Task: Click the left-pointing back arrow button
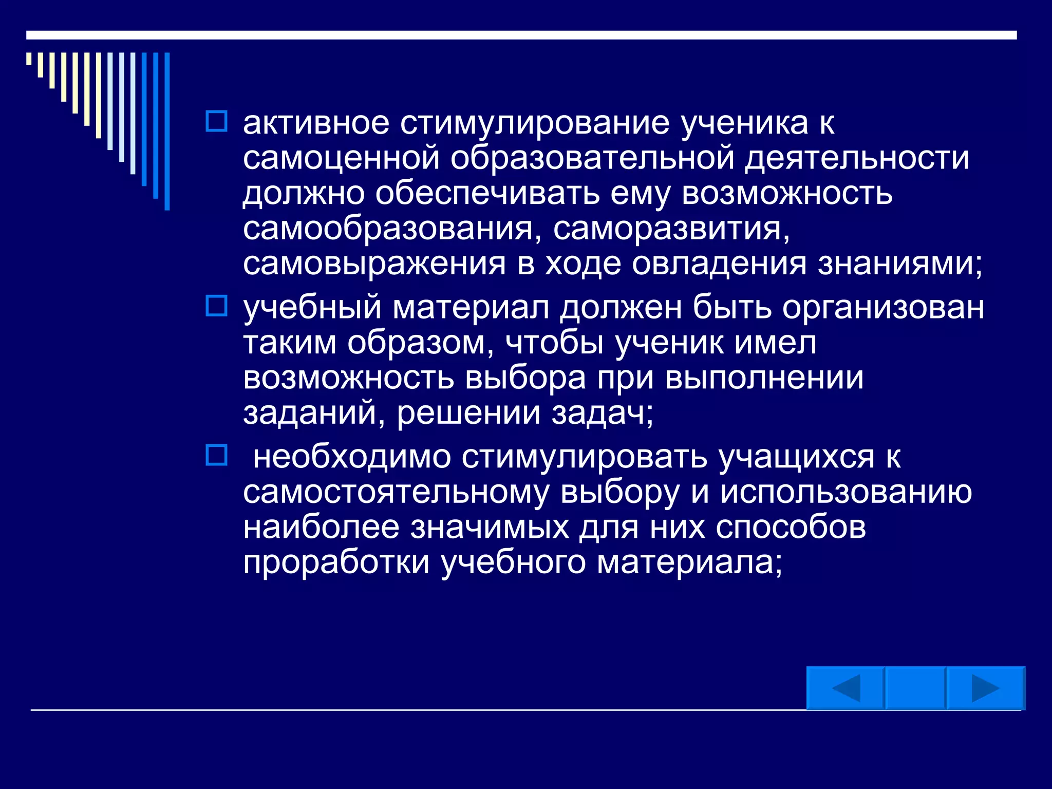846,688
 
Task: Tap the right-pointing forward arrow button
985,688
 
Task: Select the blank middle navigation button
915,688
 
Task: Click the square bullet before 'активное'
216,121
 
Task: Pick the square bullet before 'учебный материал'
216,306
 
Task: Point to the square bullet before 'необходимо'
216,455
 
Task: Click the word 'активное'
316,123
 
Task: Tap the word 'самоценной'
341,158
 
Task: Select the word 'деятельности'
857,158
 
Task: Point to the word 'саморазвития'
671,229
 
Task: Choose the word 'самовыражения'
374,264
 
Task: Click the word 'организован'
883,308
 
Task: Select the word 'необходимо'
352,457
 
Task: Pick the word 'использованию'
846,492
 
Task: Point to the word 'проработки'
336,562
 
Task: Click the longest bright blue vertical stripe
167,131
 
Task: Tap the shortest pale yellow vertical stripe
29,59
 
